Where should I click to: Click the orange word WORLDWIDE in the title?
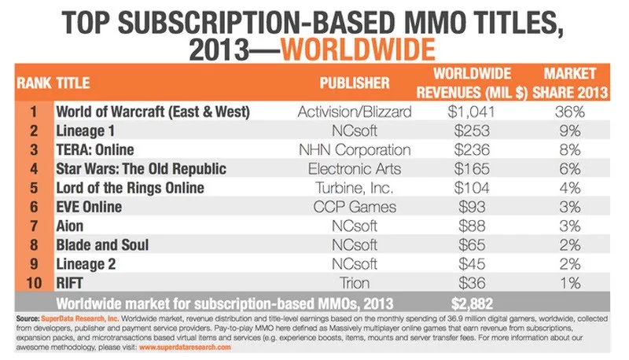[x=358, y=50]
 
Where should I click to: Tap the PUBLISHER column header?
[x=355, y=83]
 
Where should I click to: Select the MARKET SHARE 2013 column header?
[x=570, y=83]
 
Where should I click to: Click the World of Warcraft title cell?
[x=153, y=112]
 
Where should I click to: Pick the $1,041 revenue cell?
[x=471, y=112]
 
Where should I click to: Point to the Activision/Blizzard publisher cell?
[x=355, y=112]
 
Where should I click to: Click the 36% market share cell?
[x=569, y=112]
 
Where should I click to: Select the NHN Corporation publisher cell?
[x=355, y=149]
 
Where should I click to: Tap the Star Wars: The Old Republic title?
[x=142, y=169]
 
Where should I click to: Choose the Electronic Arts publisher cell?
[x=355, y=169]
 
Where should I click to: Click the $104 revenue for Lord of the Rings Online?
[x=472, y=188]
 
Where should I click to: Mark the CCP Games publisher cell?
[x=355, y=207]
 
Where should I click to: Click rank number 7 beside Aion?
[x=34, y=226]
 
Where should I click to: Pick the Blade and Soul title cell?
[x=102, y=245]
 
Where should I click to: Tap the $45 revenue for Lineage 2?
[x=472, y=264]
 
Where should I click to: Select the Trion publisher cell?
[x=355, y=283]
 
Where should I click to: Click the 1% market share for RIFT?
[x=570, y=283]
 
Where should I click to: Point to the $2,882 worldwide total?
[x=473, y=303]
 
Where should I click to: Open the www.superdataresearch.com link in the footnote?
[x=185, y=347]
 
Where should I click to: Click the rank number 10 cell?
[x=34, y=283]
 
